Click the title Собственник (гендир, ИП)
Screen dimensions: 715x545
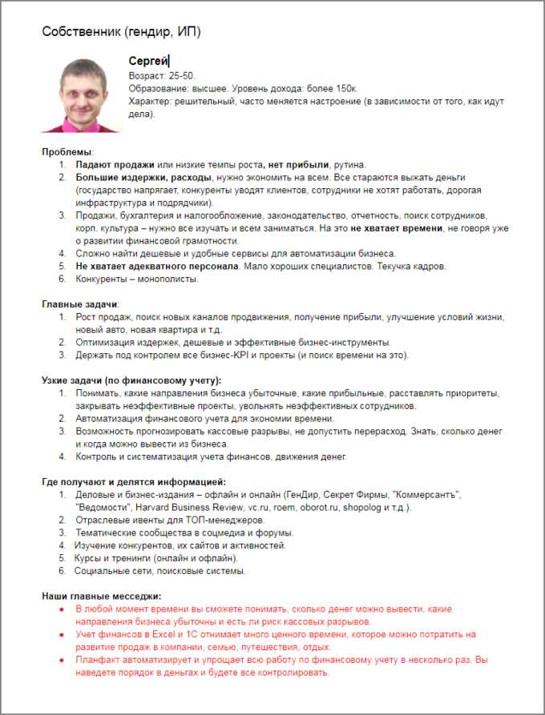(x=121, y=32)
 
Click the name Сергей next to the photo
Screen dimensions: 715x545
(x=147, y=62)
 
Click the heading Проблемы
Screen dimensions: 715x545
(x=67, y=151)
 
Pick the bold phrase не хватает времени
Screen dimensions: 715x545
(x=397, y=228)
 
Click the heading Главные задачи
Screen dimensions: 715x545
(x=80, y=304)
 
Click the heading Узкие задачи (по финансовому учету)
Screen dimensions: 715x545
(x=131, y=380)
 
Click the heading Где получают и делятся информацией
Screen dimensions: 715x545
(x=134, y=482)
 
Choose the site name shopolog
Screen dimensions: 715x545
(x=361, y=507)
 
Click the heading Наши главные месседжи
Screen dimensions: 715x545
(x=101, y=596)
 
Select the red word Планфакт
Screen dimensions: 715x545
(x=101, y=660)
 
